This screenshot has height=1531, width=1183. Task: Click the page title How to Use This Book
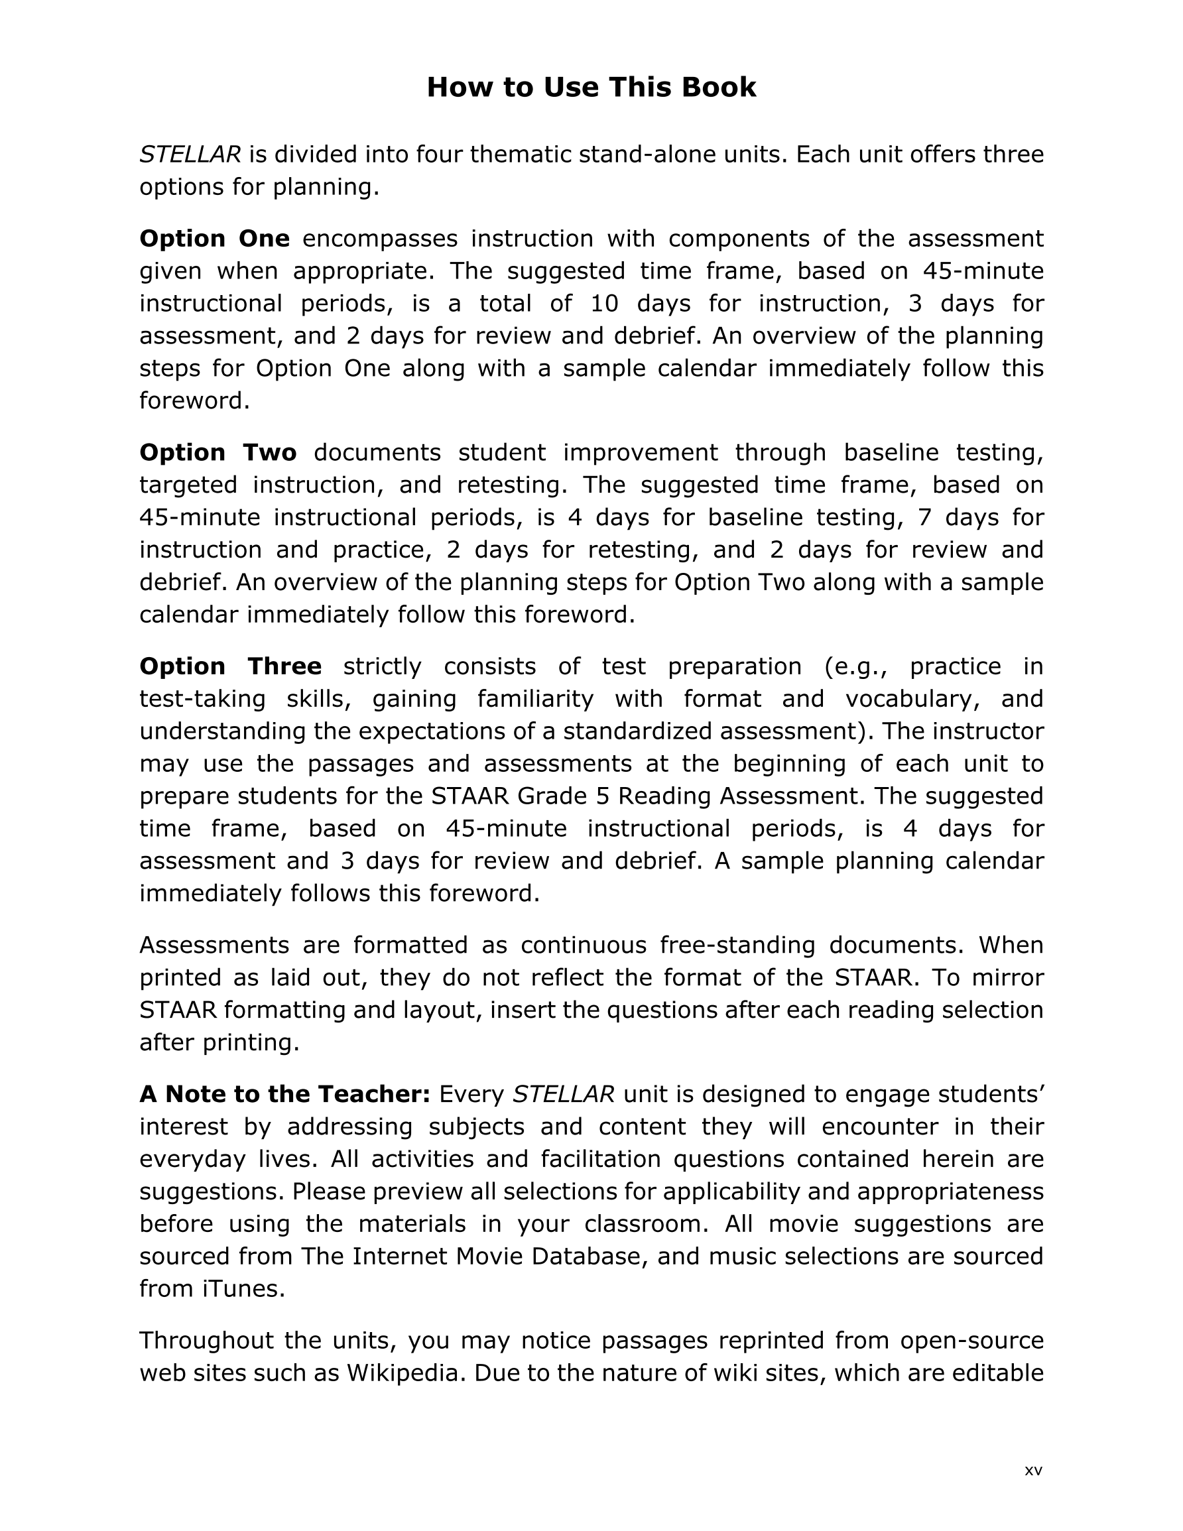[x=591, y=88]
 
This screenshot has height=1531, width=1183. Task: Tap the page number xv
[x=1033, y=1470]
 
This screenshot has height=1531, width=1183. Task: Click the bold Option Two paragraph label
[x=218, y=452]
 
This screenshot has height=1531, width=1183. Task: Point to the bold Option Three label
[x=230, y=666]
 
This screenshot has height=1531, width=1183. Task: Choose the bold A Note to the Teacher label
[x=284, y=1093]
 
